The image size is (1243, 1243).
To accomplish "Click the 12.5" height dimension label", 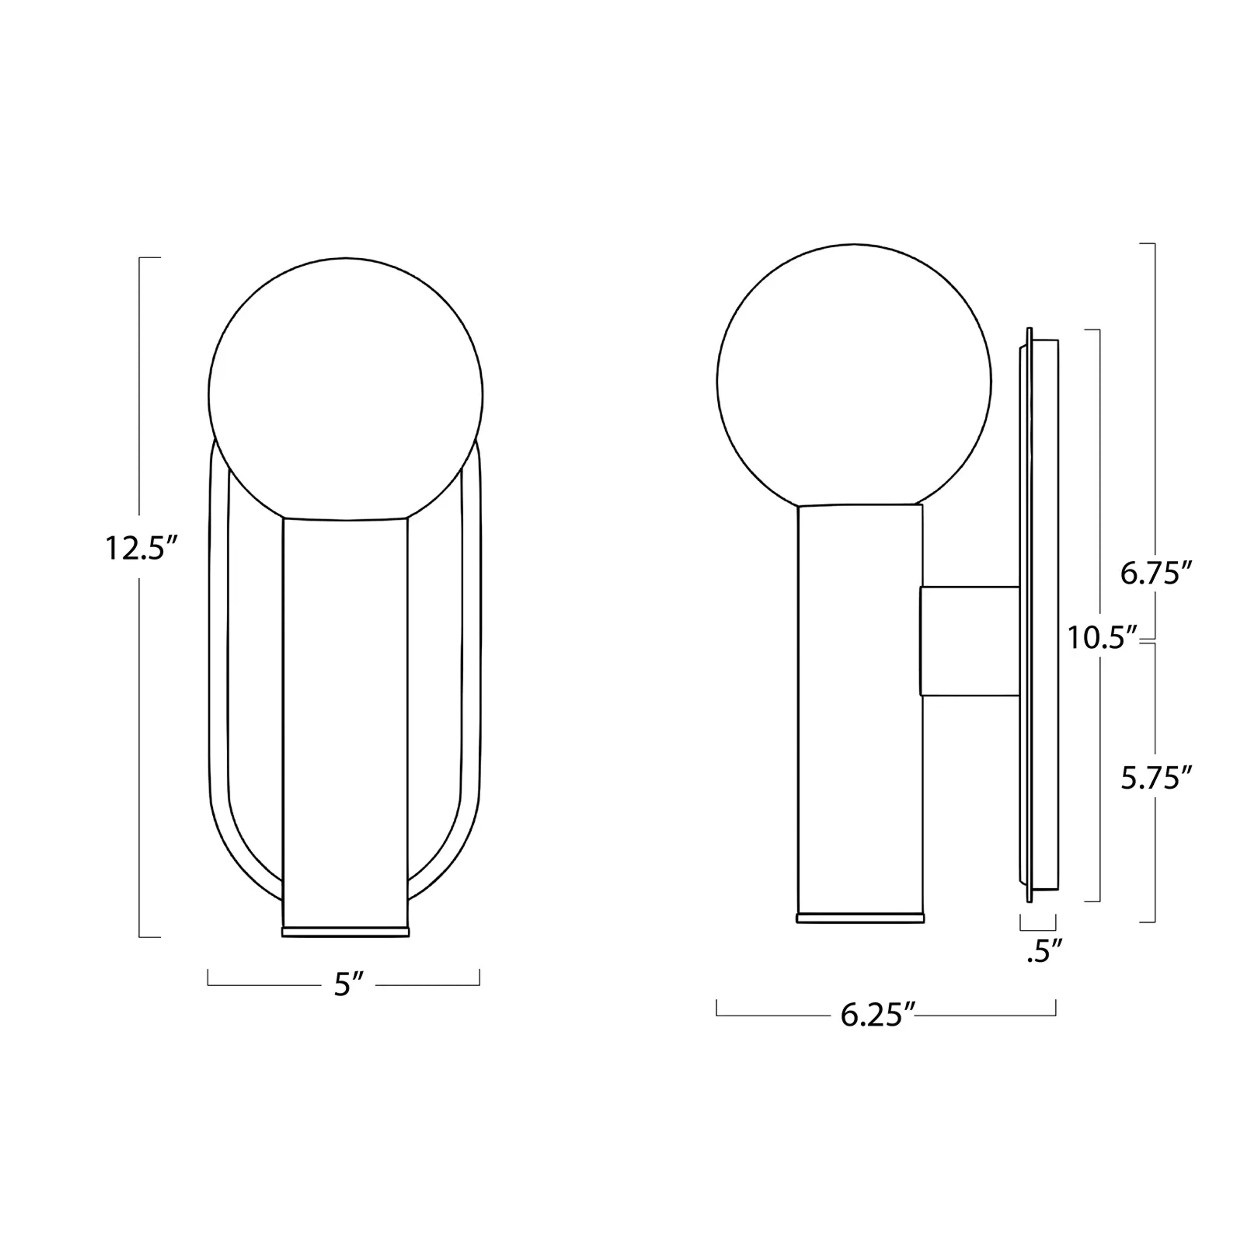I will pos(140,549).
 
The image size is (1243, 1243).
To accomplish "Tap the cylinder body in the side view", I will pos(860,708).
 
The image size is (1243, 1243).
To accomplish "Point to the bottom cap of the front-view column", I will pos(345,932).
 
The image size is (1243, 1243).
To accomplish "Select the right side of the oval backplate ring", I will pos(471,644).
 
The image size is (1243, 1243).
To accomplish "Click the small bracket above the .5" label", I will pos(1038,928).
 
